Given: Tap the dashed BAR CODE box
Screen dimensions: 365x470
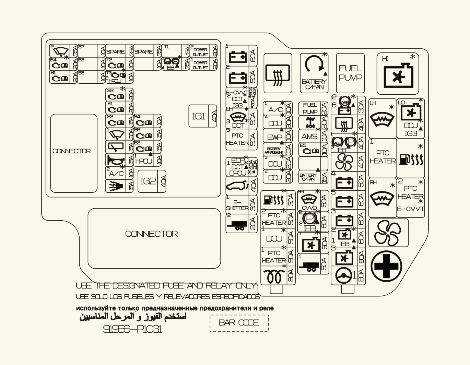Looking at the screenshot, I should tap(239, 322).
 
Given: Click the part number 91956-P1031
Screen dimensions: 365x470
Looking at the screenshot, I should tap(132, 329).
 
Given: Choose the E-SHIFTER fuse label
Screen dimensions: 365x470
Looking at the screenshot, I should tap(237, 205).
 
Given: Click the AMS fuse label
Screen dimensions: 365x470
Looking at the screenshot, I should tap(309, 136).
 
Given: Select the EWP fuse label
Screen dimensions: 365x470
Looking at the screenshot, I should tap(274, 137).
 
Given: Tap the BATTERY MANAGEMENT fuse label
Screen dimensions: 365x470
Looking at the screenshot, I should tap(274, 150).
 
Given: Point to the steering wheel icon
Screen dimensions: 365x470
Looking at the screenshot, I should tap(343, 276).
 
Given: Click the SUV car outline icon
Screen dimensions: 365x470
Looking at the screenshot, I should tap(237, 187).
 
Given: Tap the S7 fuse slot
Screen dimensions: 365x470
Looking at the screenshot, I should tap(88, 51).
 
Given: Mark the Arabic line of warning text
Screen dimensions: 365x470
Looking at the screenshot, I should tap(133, 316).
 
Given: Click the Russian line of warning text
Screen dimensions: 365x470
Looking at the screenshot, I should tap(175, 308).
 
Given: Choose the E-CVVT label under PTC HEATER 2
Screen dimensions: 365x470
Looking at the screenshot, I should tap(410, 209).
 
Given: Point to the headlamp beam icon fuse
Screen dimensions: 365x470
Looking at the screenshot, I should tap(116, 186).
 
